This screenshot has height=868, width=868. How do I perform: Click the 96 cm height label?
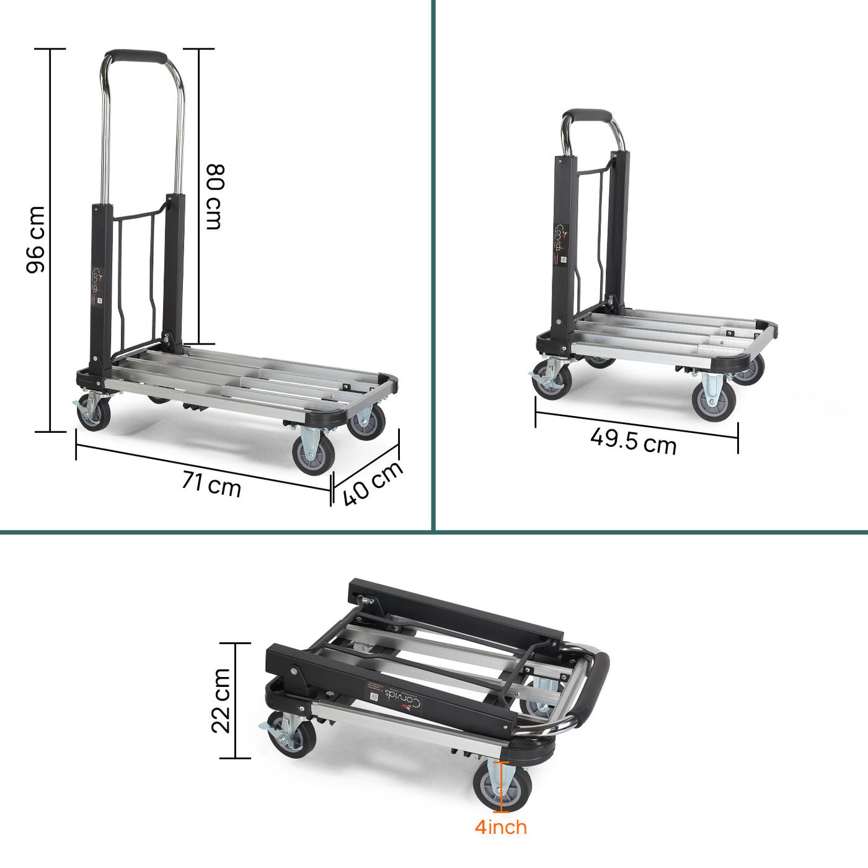pos(35,239)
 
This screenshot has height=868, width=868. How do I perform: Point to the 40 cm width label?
pos(373,483)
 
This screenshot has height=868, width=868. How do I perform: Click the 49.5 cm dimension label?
pos(633,441)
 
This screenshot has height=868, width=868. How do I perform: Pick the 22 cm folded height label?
pos(221,701)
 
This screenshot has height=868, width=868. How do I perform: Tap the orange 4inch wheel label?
pos(501,827)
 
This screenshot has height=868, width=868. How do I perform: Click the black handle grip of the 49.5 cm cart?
pos(587,115)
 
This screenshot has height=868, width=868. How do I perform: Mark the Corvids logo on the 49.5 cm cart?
pos(561,238)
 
